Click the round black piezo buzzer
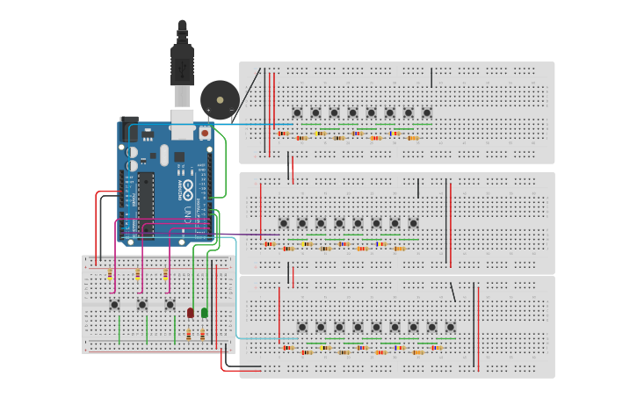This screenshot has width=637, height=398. (x=219, y=99)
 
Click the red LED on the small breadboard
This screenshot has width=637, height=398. (x=190, y=313)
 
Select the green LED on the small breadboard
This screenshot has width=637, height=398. (x=205, y=312)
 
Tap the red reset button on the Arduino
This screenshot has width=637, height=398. (x=205, y=134)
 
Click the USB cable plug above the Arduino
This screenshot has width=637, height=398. (x=182, y=67)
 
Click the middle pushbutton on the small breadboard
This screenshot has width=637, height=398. (x=142, y=305)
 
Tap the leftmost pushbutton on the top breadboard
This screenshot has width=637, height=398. (x=297, y=112)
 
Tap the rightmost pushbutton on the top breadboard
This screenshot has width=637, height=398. (x=427, y=112)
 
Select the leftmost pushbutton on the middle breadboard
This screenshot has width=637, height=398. (x=284, y=223)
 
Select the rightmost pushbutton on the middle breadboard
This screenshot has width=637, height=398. (x=413, y=223)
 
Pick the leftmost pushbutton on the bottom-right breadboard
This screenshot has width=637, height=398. (x=302, y=327)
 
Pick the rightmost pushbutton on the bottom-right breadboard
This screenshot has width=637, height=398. (x=451, y=327)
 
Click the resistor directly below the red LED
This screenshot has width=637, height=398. (x=189, y=335)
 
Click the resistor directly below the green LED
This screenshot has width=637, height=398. (x=203, y=335)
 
